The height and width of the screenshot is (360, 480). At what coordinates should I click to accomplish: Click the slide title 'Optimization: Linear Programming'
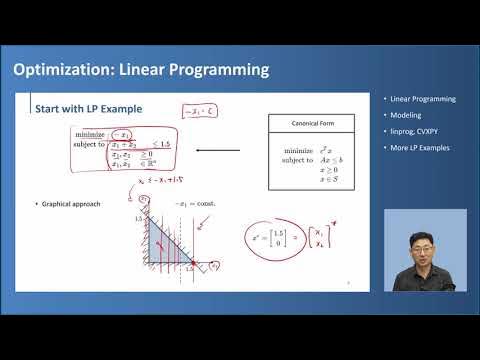tap(140, 70)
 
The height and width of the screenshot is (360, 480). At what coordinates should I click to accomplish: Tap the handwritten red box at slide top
tap(198, 109)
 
